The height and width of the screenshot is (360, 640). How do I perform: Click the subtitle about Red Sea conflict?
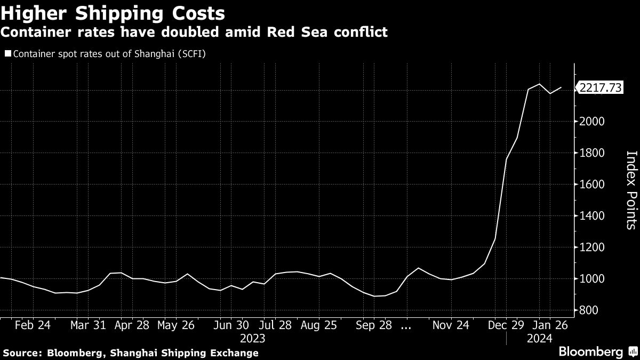point(194,33)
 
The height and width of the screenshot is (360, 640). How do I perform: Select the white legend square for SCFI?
point(7,54)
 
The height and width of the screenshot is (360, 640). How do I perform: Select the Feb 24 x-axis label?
point(33,325)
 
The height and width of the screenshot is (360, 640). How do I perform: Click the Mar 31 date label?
point(87,325)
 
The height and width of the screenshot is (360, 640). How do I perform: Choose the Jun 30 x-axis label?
point(230,325)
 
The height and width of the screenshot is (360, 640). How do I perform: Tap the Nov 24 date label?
point(451,325)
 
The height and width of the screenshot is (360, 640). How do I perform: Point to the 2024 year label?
point(539,338)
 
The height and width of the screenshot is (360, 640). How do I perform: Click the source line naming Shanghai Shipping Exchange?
point(130,353)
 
